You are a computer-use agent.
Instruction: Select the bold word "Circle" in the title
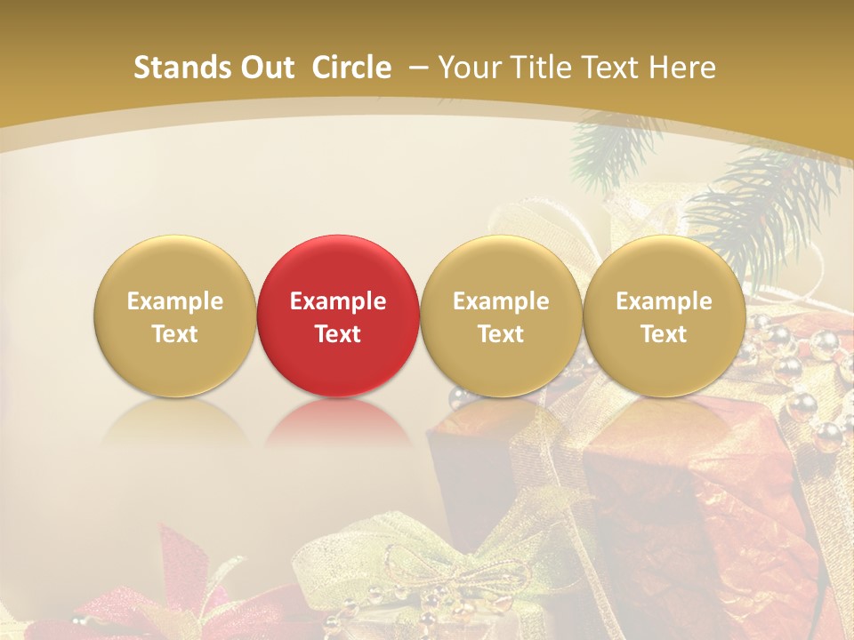pyautogui.click(x=351, y=68)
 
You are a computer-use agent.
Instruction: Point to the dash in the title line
pyautogui.click(x=418, y=68)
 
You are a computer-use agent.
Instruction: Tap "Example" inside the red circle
pyautogui.click(x=337, y=301)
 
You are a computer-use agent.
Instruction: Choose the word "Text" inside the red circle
pyautogui.click(x=337, y=334)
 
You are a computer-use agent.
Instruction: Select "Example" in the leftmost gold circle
pyautogui.click(x=174, y=301)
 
